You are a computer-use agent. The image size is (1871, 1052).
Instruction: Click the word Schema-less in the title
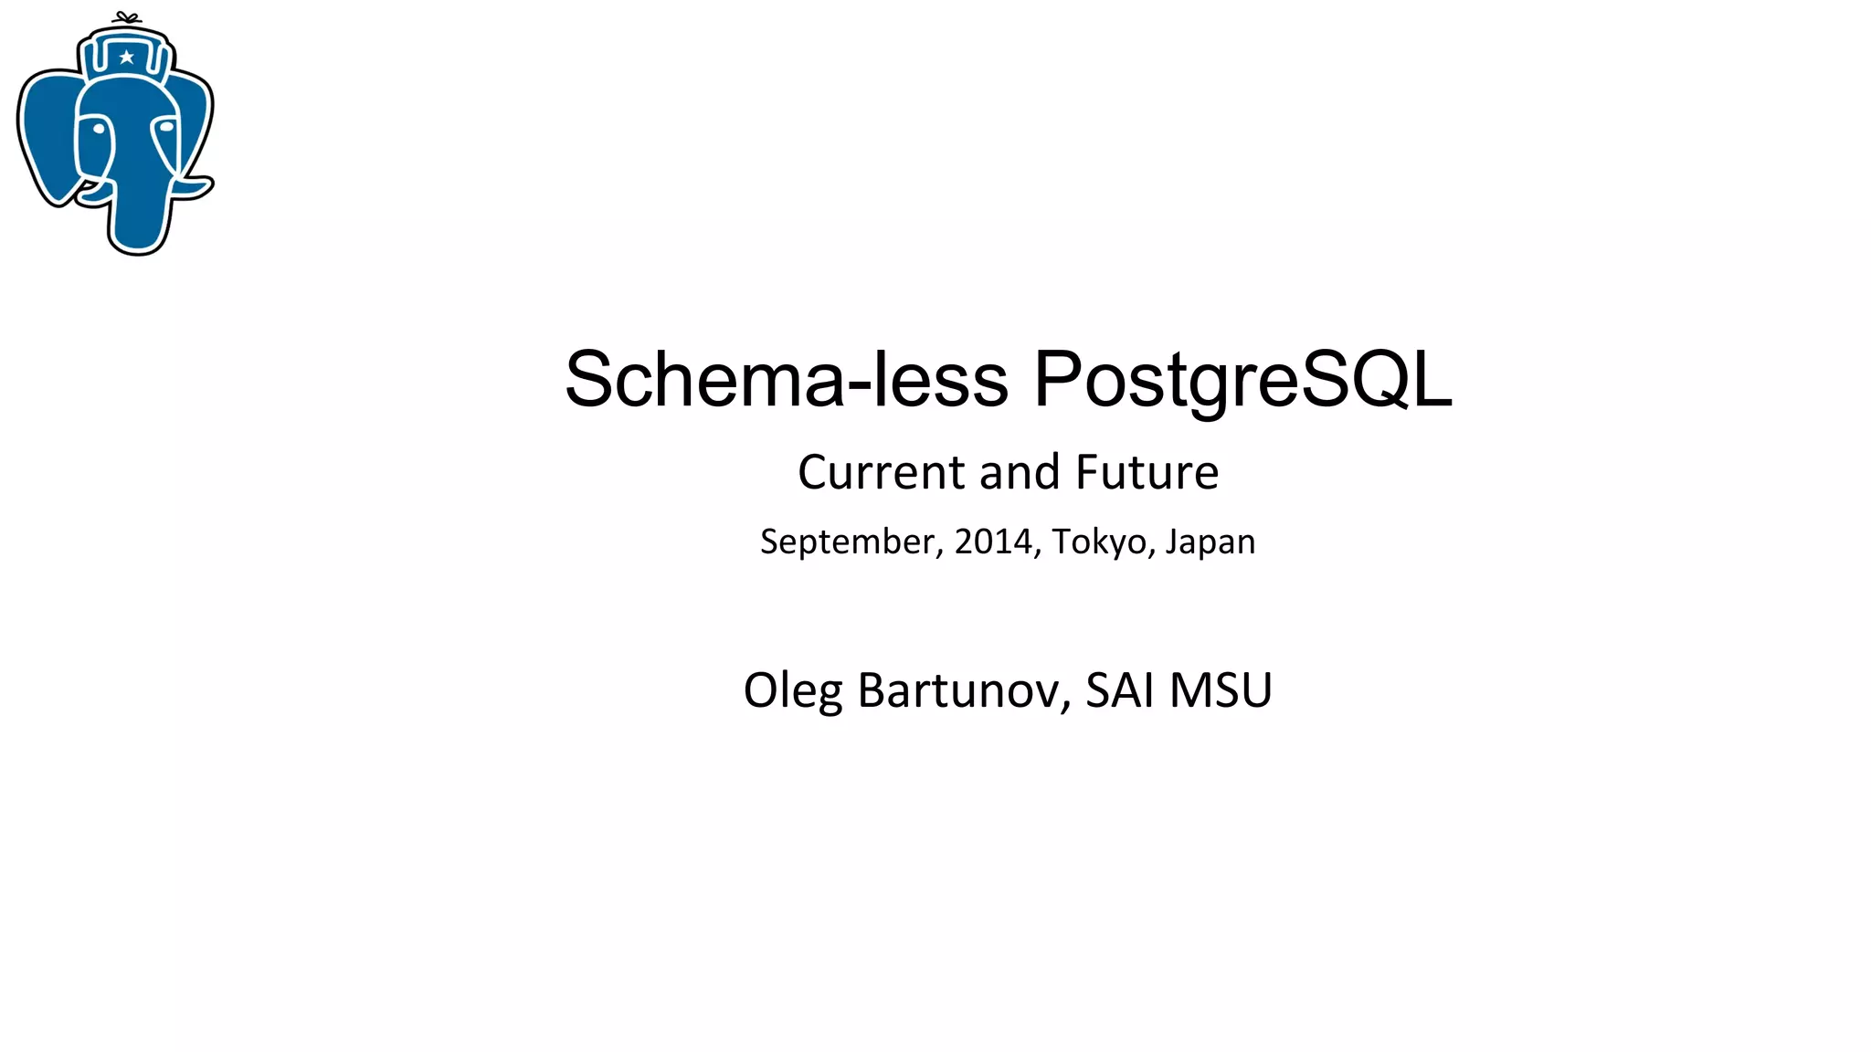pos(787,379)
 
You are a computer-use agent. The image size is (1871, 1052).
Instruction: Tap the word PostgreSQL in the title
pos(1242,379)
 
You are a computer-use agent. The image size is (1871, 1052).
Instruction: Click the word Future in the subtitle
pos(1147,472)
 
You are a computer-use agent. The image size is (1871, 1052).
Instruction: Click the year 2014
pos(993,542)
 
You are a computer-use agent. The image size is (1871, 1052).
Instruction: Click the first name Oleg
pos(792,690)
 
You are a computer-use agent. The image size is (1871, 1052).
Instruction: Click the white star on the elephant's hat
pos(127,58)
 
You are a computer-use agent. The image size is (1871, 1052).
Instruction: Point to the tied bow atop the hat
pos(126,17)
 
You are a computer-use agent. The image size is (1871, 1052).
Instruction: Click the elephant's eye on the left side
pos(98,128)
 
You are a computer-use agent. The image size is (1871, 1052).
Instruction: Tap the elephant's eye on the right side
pos(166,128)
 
